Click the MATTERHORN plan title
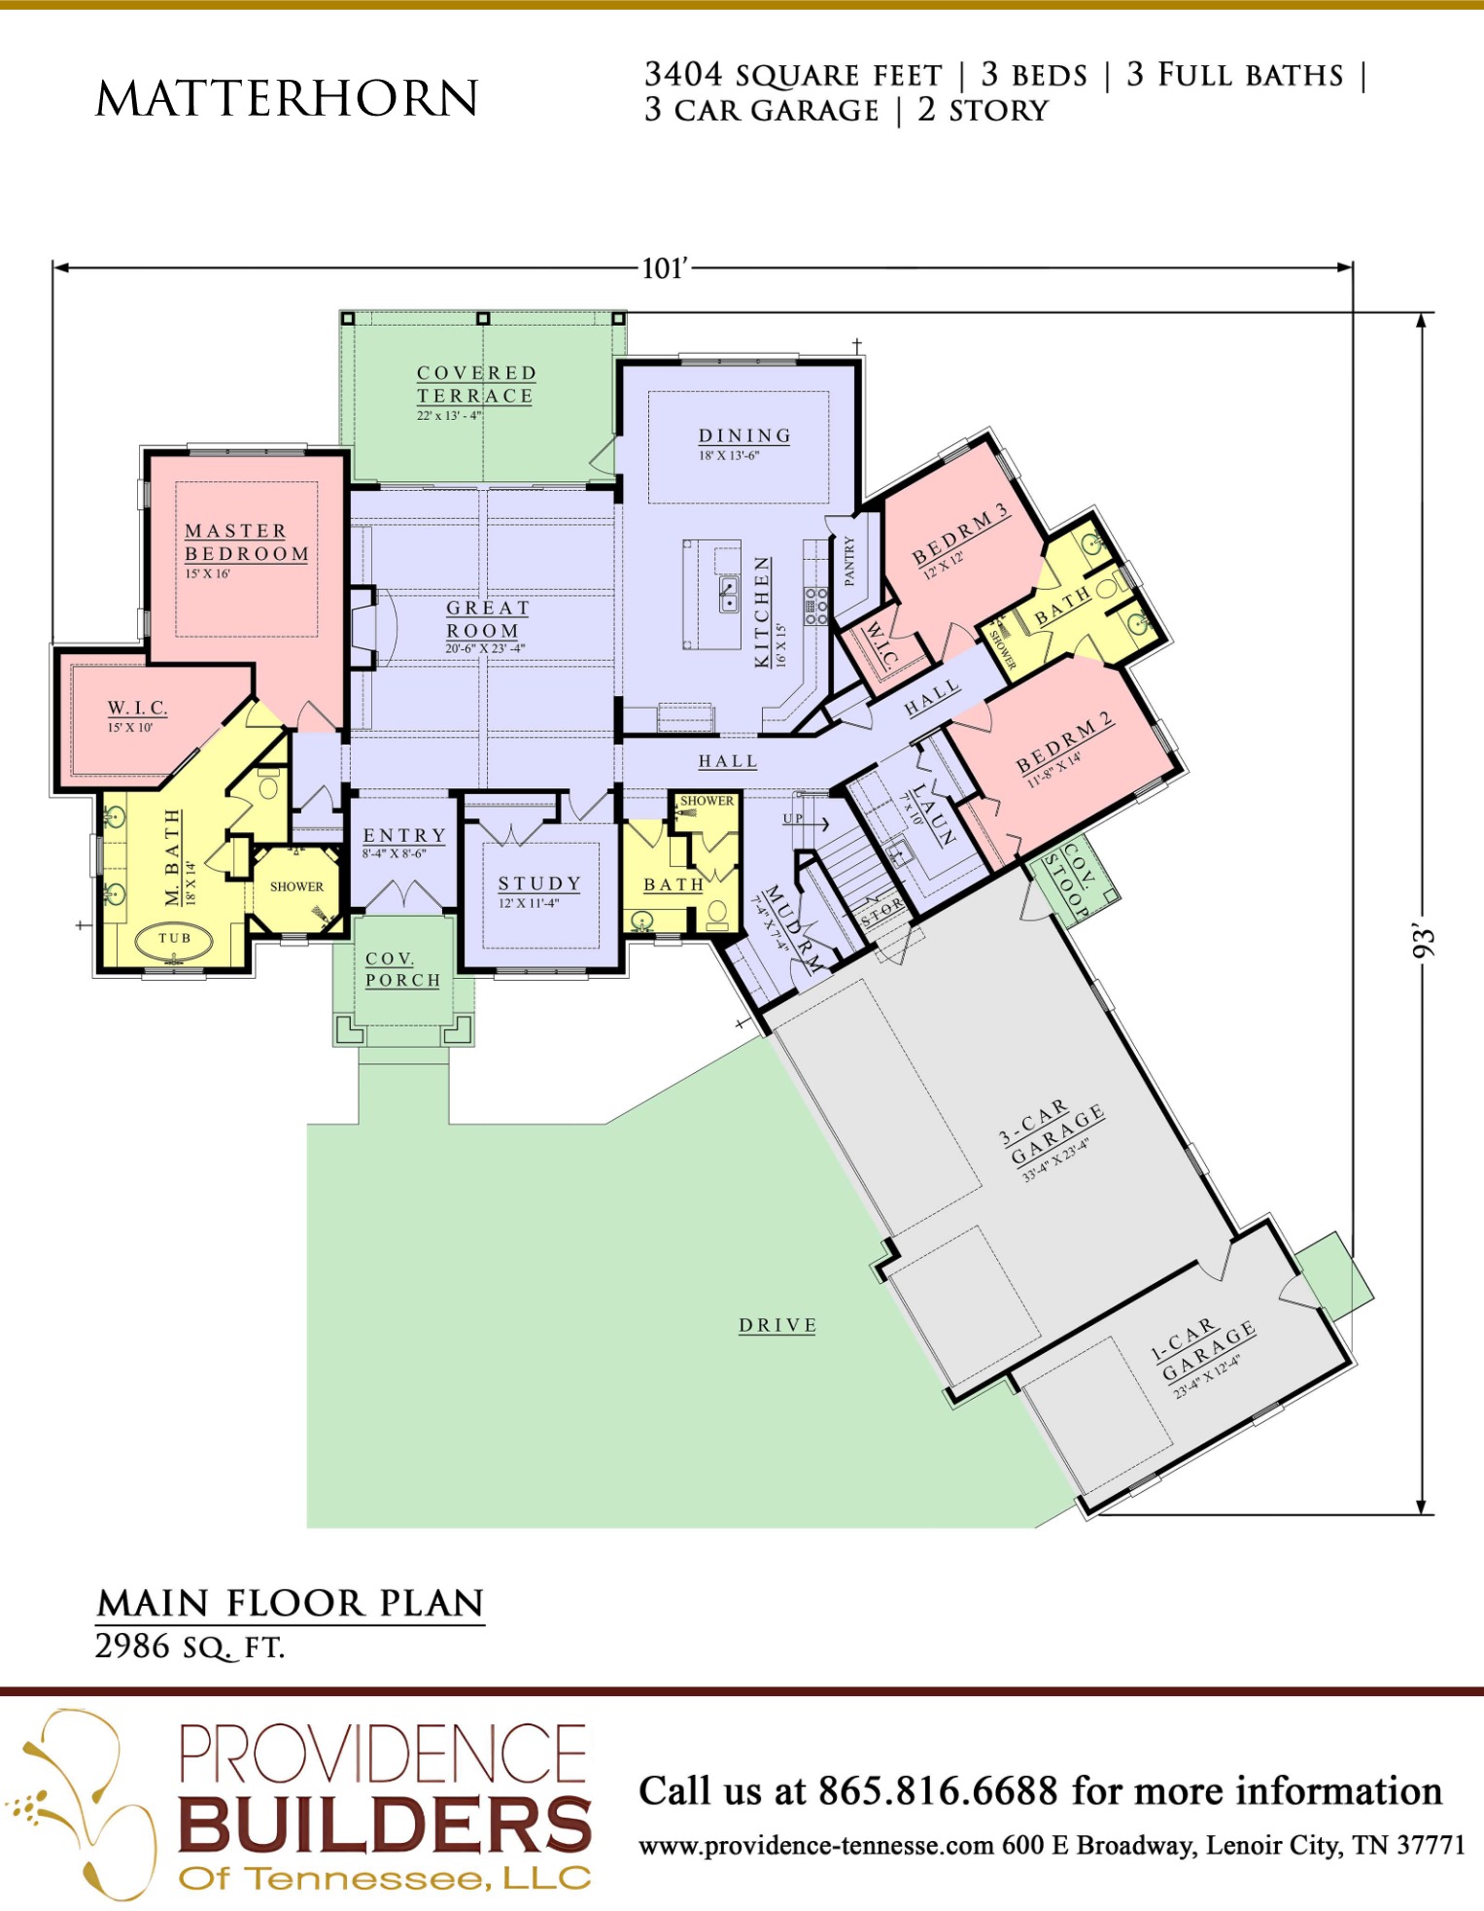coord(287,98)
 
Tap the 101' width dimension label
coord(665,268)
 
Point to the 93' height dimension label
coord(1423,941)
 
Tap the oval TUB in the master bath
coord(175,939)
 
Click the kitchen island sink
coord(728,594)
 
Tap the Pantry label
coord(849,561)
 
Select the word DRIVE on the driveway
coord(777,1326)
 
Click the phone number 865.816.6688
coord(937,1790)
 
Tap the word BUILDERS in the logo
coord(385,1824)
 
